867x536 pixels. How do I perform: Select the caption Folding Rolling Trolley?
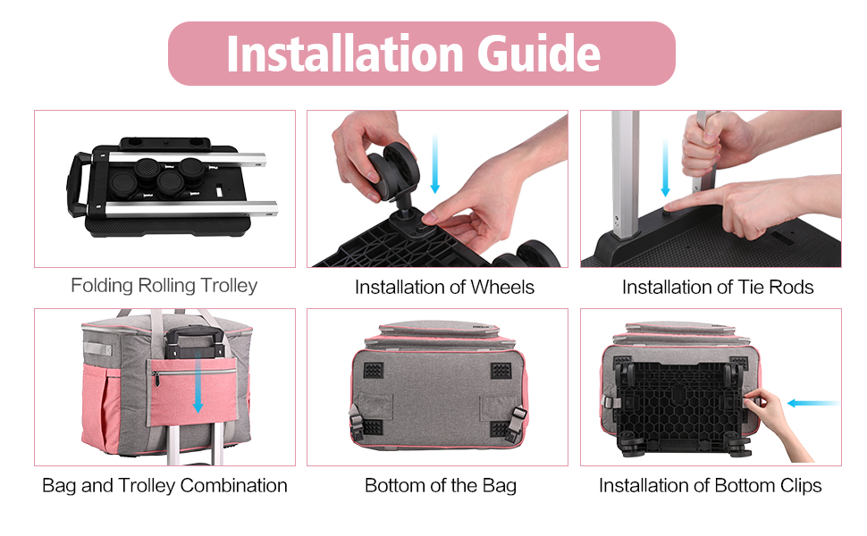[x=164, y=286]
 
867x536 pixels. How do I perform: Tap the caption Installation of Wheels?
[x=444, y=288]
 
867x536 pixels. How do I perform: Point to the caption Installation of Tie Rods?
[x=718, y=288]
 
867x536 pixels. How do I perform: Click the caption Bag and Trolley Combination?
[x=164, y=486]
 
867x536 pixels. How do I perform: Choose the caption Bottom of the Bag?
[x=440, y=486]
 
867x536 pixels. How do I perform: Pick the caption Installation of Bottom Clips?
[x=710, y=486]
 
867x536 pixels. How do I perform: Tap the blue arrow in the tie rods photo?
[x=665, y=168]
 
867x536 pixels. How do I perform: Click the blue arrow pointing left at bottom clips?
[x=813, y=403]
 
